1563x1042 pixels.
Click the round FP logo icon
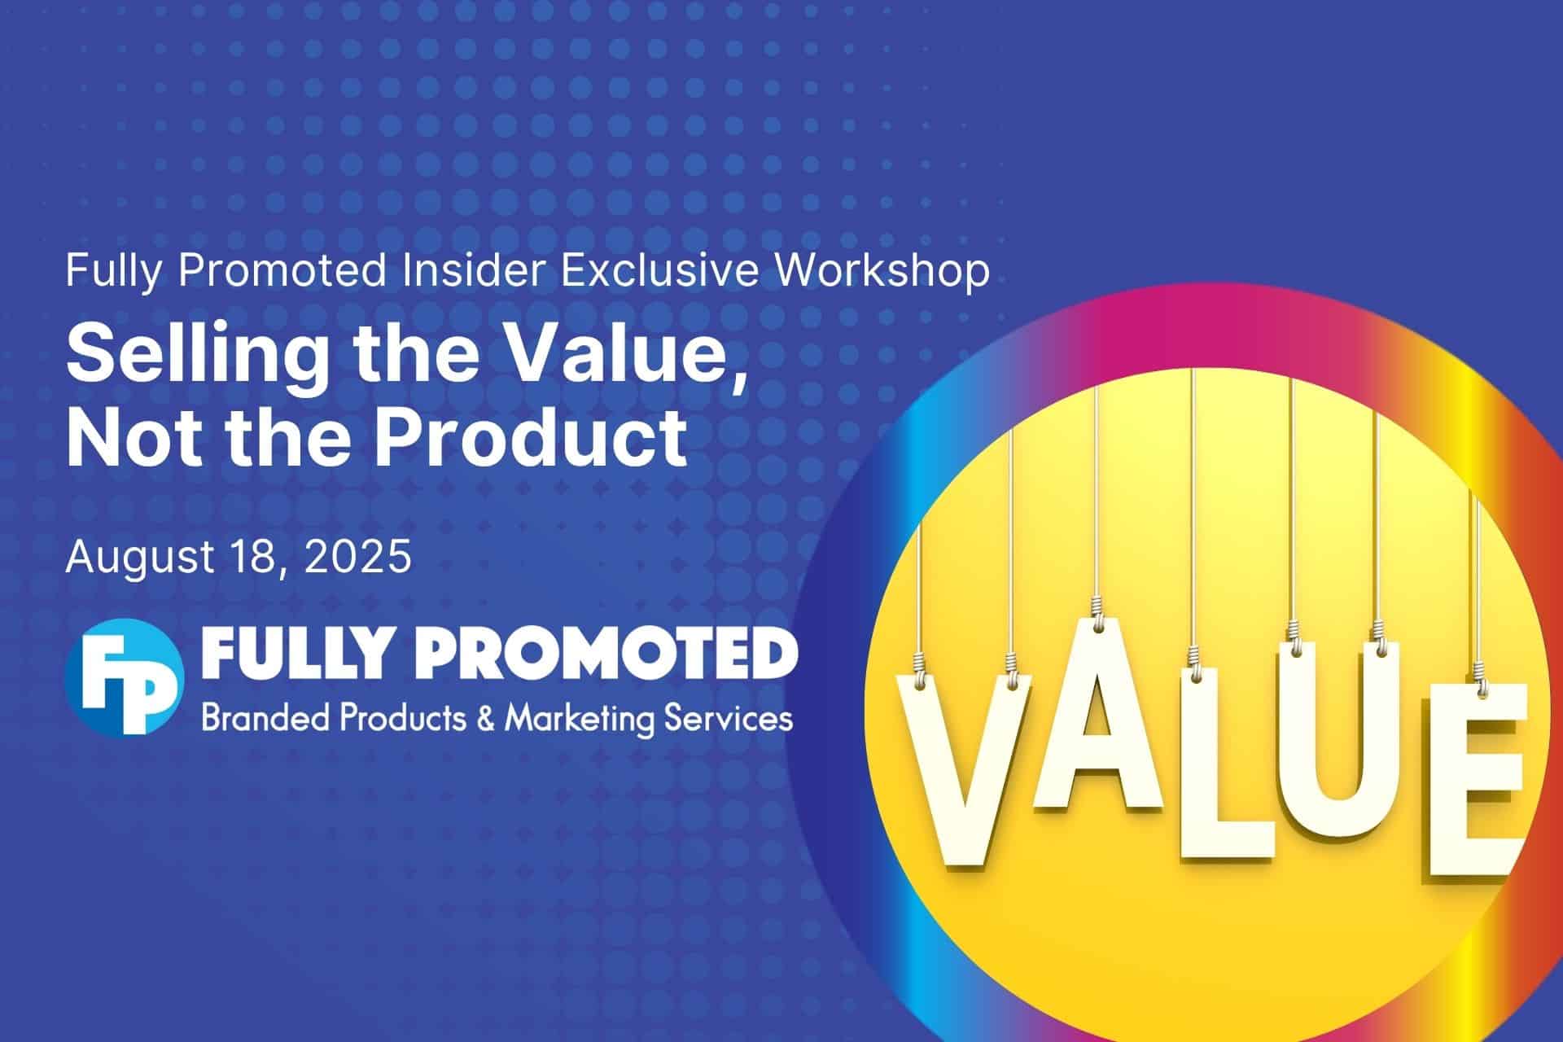pyautogui.click(x=125, y=676)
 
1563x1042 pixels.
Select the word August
pyautogui.click(x=140, y=559)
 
